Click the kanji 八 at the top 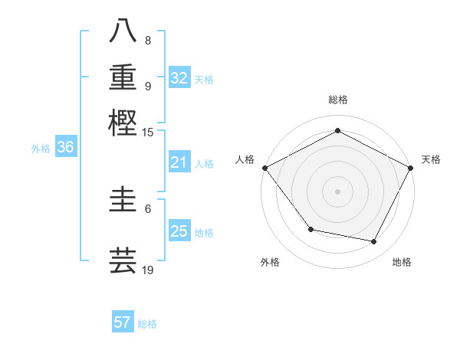pyautogui.click(x=123, y=31)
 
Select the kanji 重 pyautogui.click(x=123, y=77)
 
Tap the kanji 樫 pyautogui.click(x=123, y=123)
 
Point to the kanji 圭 pyautogui.click(x=123, y=201)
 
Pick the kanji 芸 pyautogui.click(x=123, y=260)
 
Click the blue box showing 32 pyautogui.click(x=179, y=77)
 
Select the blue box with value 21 pyautogui.click(x=179, y=162)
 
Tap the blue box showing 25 pyautogui.click(x=179, y=231)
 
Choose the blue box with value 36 pyautogui.click(x=65, y=148)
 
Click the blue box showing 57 pyautogui.click(x=123, y=322)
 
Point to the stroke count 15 pyautogui.click(x=148, y=133)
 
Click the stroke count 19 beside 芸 pyautogui.click(x=148, y=270)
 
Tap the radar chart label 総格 pyautogui.click(x=338, y=100)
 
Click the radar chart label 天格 pyautogui.click(x=431, y=159)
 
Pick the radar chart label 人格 pyautogui.click(x=245, y=159)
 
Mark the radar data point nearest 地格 pyautogui.click(x=374, y=242)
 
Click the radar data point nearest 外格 pyautogui.click(x=310, y=229)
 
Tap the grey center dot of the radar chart pyautogui.click(x=338, y=191)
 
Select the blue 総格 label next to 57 pyautogui.click(x=147, y=323)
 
